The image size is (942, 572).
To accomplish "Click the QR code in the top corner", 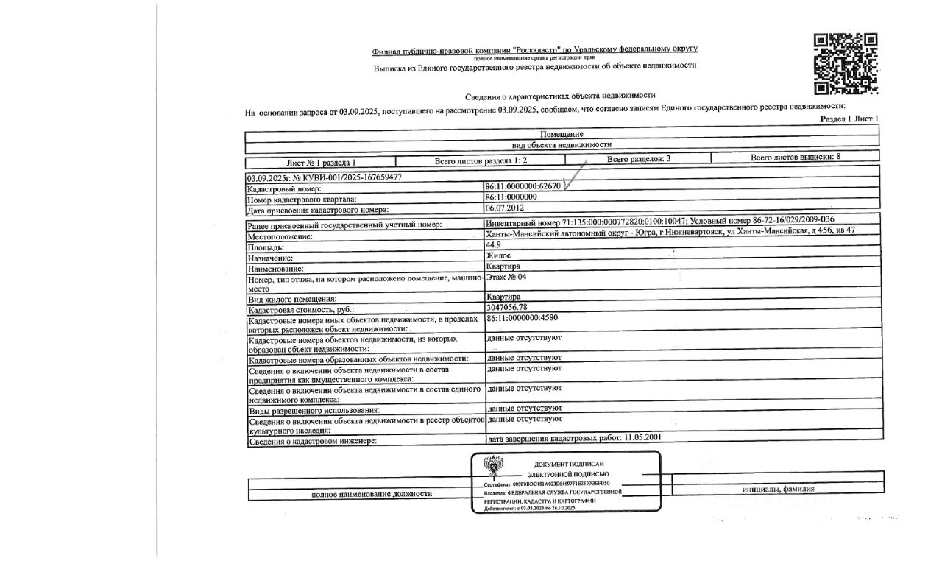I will (x=846, y=64).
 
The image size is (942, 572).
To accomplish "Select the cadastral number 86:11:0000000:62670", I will (x=523, y=186).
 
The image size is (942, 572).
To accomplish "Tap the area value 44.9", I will (x=494, y=245).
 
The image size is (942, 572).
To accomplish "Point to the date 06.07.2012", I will (x=504, y=208).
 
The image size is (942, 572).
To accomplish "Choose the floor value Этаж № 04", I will (x=507, y=277).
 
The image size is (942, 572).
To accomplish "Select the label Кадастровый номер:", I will (x=275, y=190).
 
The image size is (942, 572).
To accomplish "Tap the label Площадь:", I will (x=266, y=247).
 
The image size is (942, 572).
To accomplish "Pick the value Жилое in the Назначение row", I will (x=499, y=255).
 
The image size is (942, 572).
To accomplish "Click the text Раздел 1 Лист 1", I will (x=849, y=119).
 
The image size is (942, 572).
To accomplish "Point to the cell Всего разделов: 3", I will (x=639, y=159).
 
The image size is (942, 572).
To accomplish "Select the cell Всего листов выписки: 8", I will (x=796, y=157).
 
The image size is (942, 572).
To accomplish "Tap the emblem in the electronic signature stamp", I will (x=493, y=465).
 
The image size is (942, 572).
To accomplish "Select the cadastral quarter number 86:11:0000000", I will (x=511, y=197).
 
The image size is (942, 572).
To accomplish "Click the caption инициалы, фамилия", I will (x=778, y=489).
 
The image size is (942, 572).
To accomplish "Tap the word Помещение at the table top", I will (x=562, y=134).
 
